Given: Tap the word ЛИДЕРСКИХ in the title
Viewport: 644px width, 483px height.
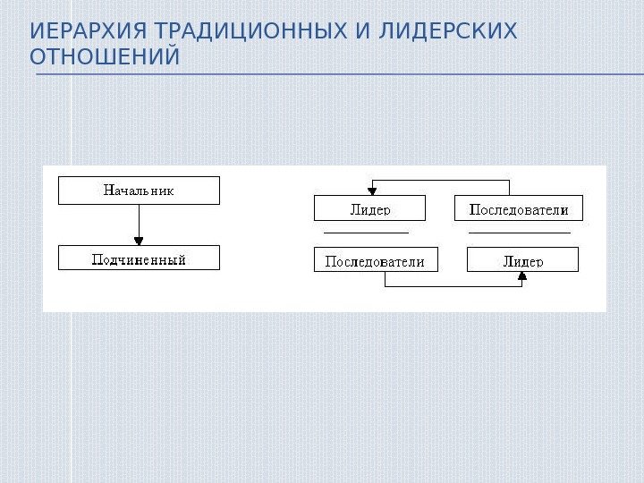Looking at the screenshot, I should (x=449, y=33).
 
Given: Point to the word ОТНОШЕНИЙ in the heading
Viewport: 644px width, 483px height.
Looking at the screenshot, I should (x=104, y=58).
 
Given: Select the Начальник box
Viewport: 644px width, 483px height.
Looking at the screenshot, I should (x=139, y=191).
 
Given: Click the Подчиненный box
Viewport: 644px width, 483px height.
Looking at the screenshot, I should (x=139, y=258).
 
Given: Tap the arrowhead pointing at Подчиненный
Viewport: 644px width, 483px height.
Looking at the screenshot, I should (x=139, y=240).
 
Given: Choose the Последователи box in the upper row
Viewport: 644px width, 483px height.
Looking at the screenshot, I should (x=519, y=209).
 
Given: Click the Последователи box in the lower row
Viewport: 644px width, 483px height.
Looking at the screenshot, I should (x=375, y=260).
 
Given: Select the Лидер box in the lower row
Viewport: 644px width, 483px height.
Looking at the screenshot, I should (x=523, y=260).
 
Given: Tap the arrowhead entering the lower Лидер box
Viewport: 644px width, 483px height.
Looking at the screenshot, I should (x=523, y=277).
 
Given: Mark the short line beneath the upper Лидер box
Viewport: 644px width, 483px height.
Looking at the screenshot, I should (x=365, y=232).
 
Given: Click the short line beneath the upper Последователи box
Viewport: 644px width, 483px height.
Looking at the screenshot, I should (x=519, y=232).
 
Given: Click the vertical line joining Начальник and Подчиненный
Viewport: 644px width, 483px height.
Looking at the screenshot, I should (x=139, y=219).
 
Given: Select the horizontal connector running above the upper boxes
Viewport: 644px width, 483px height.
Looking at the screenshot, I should (x=440, y=181).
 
